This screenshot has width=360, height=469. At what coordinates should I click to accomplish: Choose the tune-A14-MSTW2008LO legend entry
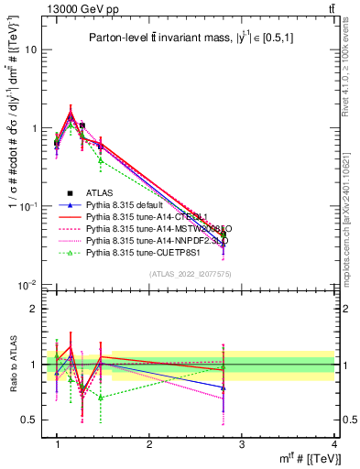tap(147, 228)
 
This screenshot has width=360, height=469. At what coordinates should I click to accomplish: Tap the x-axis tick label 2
tap(149, 444)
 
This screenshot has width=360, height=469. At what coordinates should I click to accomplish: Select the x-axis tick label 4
tap(334, 444)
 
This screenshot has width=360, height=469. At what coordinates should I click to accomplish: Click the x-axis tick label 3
tap(242, 444)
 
